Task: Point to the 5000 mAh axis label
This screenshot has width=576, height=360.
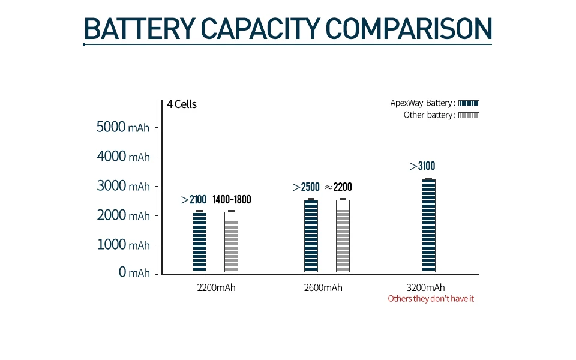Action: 123,127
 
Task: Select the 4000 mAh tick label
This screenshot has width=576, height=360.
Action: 123,157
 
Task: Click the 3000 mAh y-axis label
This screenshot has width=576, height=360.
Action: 123,186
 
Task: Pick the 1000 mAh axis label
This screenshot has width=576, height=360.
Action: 123,245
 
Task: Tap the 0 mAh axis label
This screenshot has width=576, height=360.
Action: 134,273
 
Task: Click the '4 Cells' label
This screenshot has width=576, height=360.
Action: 182,104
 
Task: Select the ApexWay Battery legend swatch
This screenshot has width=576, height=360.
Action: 469,103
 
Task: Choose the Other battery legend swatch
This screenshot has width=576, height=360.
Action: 469,115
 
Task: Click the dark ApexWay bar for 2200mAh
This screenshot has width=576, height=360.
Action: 199,242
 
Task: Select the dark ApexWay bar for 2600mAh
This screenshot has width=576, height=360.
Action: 311,236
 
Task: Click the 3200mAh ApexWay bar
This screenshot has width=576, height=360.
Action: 428,226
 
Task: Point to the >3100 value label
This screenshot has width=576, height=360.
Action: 422,166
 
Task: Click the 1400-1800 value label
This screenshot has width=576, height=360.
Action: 232,200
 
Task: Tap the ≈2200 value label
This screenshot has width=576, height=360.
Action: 338,187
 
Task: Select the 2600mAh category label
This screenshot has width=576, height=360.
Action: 323,287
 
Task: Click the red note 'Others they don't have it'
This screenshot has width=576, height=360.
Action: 431,299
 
